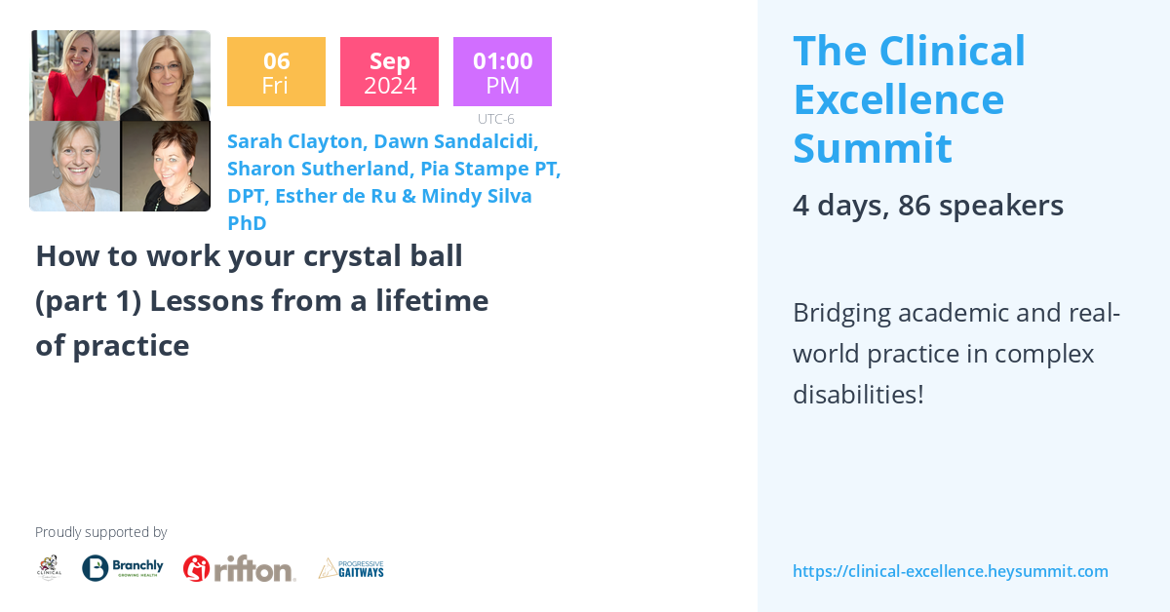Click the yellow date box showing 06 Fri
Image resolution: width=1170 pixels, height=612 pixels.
pos(276,72)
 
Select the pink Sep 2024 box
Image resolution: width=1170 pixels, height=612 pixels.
pos(389,72)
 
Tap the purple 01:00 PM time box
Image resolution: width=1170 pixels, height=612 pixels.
pos(502,72)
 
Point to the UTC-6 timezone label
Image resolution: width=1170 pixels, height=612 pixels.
pos(496,119)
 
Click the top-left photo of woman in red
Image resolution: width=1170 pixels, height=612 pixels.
pos(74,75)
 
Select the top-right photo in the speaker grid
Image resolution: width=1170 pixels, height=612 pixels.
pos(165,75)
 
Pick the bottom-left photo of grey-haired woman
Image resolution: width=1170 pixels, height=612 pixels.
pos(74,166)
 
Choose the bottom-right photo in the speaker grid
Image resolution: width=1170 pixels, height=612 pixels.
pos(165,166)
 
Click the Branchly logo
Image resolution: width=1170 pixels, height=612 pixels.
pos(123,568)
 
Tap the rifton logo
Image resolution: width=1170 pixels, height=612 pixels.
pos(240,568)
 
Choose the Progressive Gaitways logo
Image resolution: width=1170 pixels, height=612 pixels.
pos(351,568)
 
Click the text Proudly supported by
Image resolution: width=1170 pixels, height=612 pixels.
pos(100,532)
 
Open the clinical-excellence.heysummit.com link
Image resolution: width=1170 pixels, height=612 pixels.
pos(950,571)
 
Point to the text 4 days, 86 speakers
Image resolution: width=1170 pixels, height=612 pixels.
pos(927,206)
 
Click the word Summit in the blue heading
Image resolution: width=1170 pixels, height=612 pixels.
pos(872,148)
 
